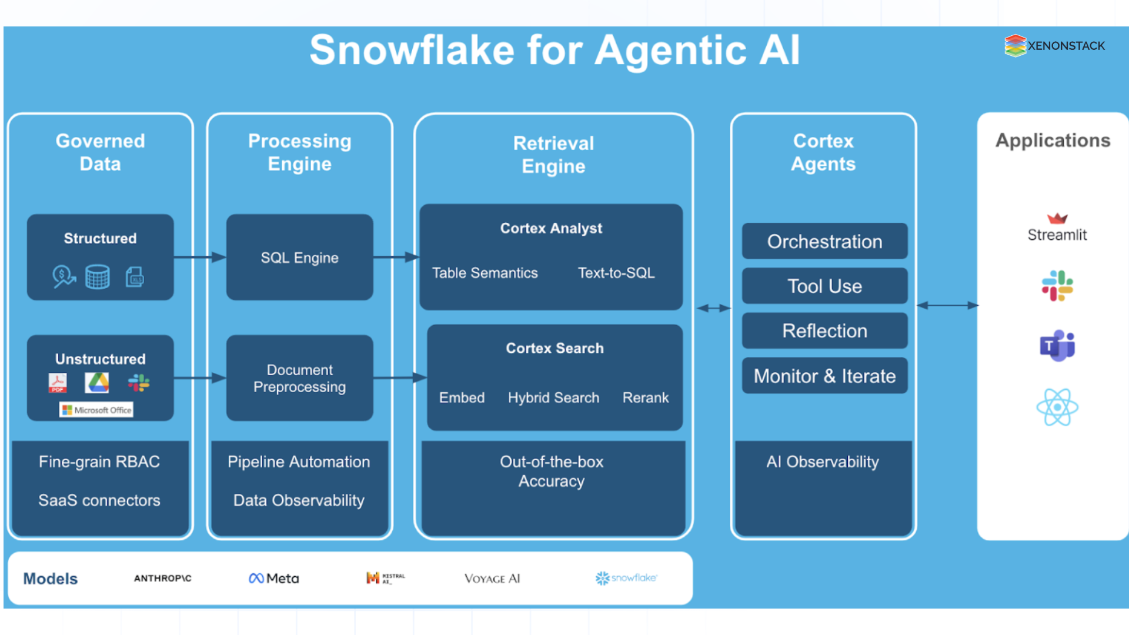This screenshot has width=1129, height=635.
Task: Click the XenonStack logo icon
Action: point(1015,45)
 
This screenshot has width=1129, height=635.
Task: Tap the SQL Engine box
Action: point(299,258)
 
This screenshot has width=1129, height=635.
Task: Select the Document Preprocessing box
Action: point(299,378)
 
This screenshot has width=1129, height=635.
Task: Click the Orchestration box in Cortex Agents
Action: point(824,242)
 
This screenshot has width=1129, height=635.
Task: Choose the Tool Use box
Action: point(824,286)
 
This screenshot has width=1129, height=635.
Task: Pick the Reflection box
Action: point(824,331)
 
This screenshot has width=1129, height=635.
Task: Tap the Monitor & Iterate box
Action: point(824,376)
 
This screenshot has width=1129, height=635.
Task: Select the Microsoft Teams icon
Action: point(1057,346)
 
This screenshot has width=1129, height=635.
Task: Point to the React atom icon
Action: point(1057,407)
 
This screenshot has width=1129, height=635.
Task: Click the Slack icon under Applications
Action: point(1057,286)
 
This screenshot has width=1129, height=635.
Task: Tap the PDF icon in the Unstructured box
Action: point(58,383)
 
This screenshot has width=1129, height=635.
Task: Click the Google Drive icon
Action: point(97,383)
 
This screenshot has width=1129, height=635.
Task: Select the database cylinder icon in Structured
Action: point(97,276)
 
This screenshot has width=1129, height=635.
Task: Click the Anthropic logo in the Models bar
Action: point(163,579)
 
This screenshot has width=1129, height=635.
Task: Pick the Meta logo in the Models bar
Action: point(274,579)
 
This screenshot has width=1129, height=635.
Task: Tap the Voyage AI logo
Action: point(492,579)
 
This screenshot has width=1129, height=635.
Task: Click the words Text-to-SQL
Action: point(616,273)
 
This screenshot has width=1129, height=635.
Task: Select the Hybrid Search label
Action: point(553,398)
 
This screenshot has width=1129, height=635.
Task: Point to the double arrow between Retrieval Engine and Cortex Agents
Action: point(713,308)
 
